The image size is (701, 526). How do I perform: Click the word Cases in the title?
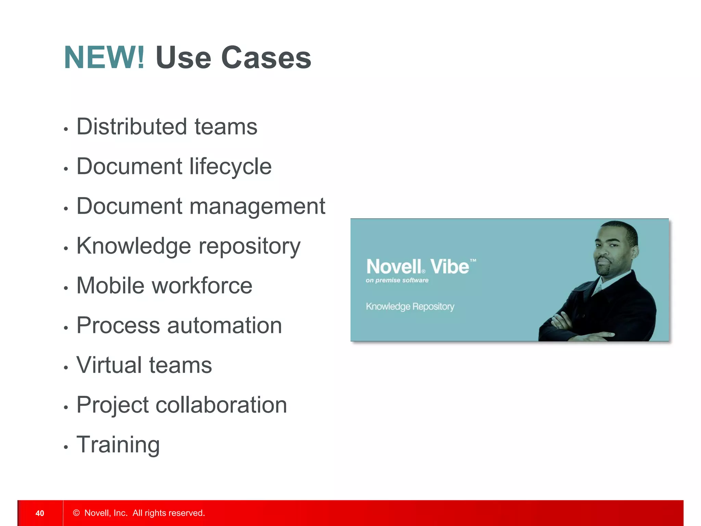(x=266, y=58)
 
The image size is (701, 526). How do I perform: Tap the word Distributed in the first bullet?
(x=131, y=126)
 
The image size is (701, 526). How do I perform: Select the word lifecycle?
(x=230, y=167)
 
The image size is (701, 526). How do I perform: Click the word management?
(x=257, y=206)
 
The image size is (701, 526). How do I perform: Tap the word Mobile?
(x=110, y=286)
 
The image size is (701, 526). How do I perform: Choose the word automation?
(x=225, y=325)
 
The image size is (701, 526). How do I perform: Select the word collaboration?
(x=221, y=405)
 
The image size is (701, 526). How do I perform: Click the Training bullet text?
(x=118, y=445)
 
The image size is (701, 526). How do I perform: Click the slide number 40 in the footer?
(x=40, y=513)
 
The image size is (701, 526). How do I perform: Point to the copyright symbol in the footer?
(x=76, y=513)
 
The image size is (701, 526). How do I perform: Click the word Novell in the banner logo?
(x=394, y=267)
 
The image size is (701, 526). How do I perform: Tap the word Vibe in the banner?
(x=449, y=267)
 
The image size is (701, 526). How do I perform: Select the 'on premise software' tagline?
(x=397, y=280)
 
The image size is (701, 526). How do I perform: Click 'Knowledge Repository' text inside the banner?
(x=410, y=306)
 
